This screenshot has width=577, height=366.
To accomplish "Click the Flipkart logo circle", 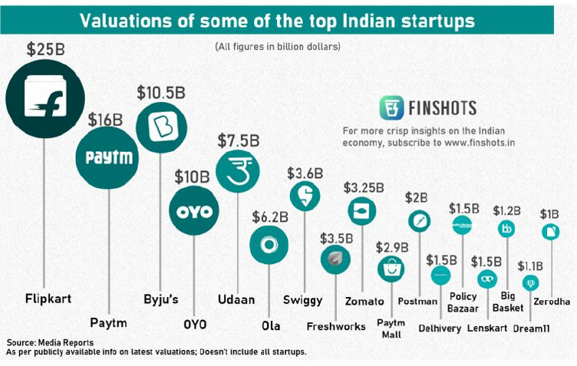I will (x=44, y=99).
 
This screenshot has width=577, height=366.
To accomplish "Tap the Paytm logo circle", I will (x=109, y=158).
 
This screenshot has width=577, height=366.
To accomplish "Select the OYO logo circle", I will (x=193, y=209).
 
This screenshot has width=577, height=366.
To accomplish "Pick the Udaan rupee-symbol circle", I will (x=238, y=171).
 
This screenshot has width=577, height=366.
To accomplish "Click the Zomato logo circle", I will (x=362, y=211).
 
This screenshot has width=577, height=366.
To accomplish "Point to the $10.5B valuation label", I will (x=161, y=93).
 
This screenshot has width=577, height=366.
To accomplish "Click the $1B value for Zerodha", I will (x=550, y=213).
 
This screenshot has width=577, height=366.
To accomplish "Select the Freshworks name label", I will (x=336, y=326).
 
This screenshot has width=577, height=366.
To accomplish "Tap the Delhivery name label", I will (x=441, y=328).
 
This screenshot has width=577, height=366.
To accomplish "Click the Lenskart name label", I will (x=486, y=328).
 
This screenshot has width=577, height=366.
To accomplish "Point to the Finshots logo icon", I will (x=392, y=107).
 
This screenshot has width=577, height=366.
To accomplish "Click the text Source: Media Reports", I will (x=50, y=342).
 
